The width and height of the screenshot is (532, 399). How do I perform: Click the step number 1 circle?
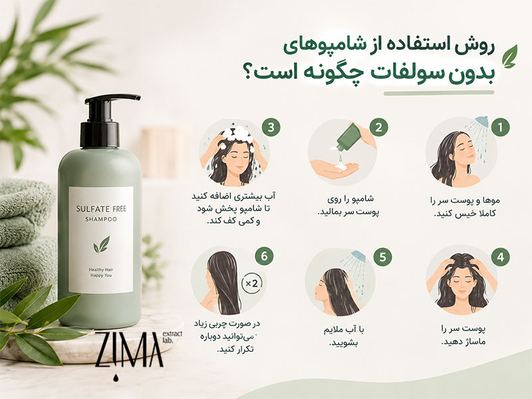click(500, 127)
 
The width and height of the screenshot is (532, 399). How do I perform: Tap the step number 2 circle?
click(378, 127)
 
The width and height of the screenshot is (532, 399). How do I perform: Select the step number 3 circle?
click(271, 128)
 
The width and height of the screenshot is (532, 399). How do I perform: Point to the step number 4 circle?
click(500, 257)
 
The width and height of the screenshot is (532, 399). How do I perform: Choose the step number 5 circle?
click(383, 257)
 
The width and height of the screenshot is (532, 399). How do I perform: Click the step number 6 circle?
click(264, 256)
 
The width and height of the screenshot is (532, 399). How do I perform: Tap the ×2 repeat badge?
click(252, 283)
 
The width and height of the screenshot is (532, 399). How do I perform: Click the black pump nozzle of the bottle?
click(112, 99)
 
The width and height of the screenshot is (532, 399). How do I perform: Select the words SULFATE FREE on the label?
click(101, 209)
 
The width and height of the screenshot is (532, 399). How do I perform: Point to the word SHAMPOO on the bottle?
click(101, 219)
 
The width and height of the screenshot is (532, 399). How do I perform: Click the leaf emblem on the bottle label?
click(102, 245)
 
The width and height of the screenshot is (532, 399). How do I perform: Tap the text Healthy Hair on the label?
click(101, 270)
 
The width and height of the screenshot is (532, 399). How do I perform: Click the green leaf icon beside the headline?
click(510, 57)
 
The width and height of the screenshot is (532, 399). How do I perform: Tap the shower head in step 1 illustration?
click(481, 122)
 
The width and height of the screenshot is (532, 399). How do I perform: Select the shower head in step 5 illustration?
click(358, 256)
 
